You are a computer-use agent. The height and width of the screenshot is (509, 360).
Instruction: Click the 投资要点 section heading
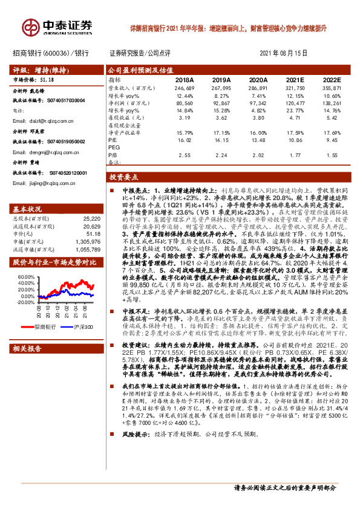125,178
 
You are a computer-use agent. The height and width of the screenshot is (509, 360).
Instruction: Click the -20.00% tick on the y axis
26,302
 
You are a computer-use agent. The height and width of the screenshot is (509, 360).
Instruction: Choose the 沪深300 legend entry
80,327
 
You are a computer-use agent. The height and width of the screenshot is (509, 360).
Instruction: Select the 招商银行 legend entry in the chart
46,327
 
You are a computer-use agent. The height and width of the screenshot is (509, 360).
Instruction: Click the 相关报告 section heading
28,349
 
